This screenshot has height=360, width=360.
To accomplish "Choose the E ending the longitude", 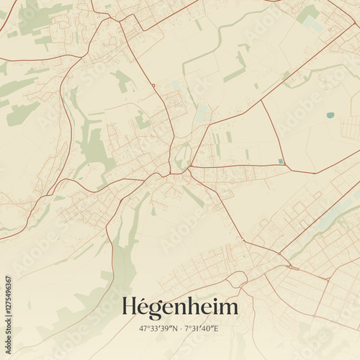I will pos(217,328).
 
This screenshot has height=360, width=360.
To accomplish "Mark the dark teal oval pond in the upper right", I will pos(330,114).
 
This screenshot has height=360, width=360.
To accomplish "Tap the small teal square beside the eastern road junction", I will pos(280,161).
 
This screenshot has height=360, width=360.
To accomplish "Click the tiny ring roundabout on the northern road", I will pos(153,86).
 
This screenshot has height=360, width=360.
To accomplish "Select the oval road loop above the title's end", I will pos(236,279).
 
